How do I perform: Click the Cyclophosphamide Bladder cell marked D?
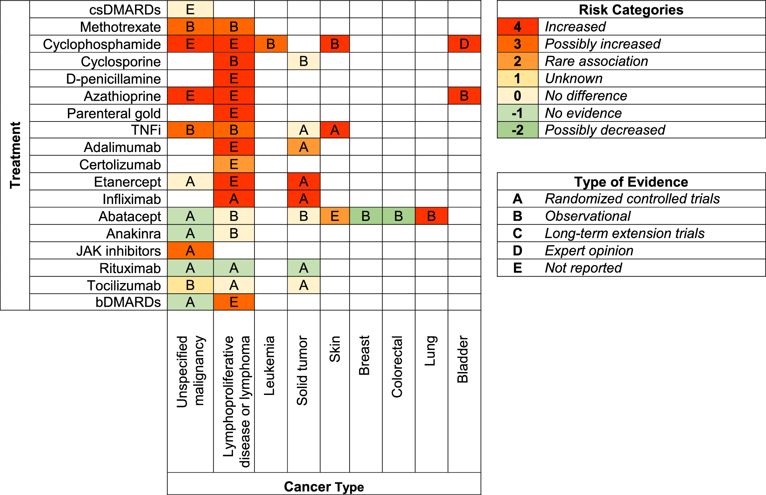pos(464,44)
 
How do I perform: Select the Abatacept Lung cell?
pos(431,216)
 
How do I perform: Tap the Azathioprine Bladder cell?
pos(464,95)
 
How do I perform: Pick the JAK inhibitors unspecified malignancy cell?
pos(190,251)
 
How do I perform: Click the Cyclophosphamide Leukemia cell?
pos(271,44)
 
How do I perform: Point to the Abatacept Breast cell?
pos(366,216)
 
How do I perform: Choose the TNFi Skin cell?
pos(335,130)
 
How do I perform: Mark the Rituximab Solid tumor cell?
pos(304,268)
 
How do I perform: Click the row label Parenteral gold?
pos(114,113)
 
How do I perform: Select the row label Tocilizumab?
pos(124,285)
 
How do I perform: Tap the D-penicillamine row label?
pos(113,79)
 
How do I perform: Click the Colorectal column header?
pos(397,367)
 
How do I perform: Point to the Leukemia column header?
pos(269,366)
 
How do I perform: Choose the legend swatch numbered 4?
pos(517,27)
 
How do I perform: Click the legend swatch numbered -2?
pos(517,130)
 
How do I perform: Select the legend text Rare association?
pos(596,61)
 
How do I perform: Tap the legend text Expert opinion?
pos(589,251)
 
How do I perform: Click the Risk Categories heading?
pos(631,10)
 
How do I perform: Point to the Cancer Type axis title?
pos(324,487)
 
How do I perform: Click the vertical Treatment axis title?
pos(15,155)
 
